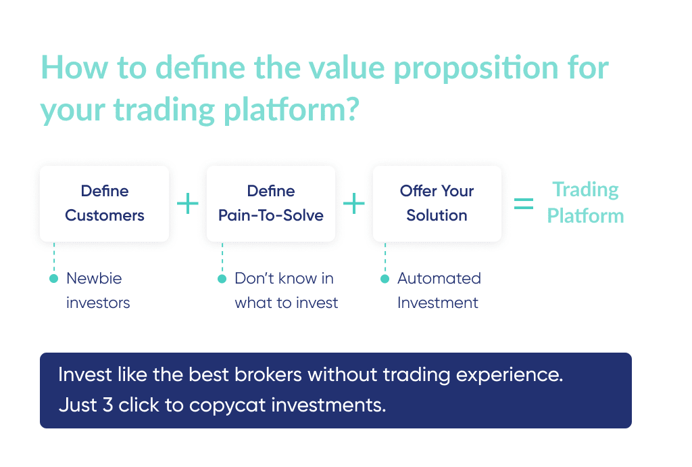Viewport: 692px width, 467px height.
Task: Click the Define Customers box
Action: pos(104,204)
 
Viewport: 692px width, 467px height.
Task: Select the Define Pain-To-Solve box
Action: pos(270,204)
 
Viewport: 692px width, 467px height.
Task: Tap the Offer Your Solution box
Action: pos(437,204)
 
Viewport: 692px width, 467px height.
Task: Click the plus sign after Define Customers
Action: pos(187,204)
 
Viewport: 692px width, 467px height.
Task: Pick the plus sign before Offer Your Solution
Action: pos(353,204)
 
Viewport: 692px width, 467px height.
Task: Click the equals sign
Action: pos(523,204)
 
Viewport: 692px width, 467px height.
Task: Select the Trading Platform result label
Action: pos(585,202)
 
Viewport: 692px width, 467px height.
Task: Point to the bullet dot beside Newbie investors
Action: pos(54,279)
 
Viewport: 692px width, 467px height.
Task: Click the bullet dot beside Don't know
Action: pos(221,279)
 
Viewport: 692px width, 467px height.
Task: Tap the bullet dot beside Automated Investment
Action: pos(385,279)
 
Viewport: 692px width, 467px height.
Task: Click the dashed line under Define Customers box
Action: pos(54,258)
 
